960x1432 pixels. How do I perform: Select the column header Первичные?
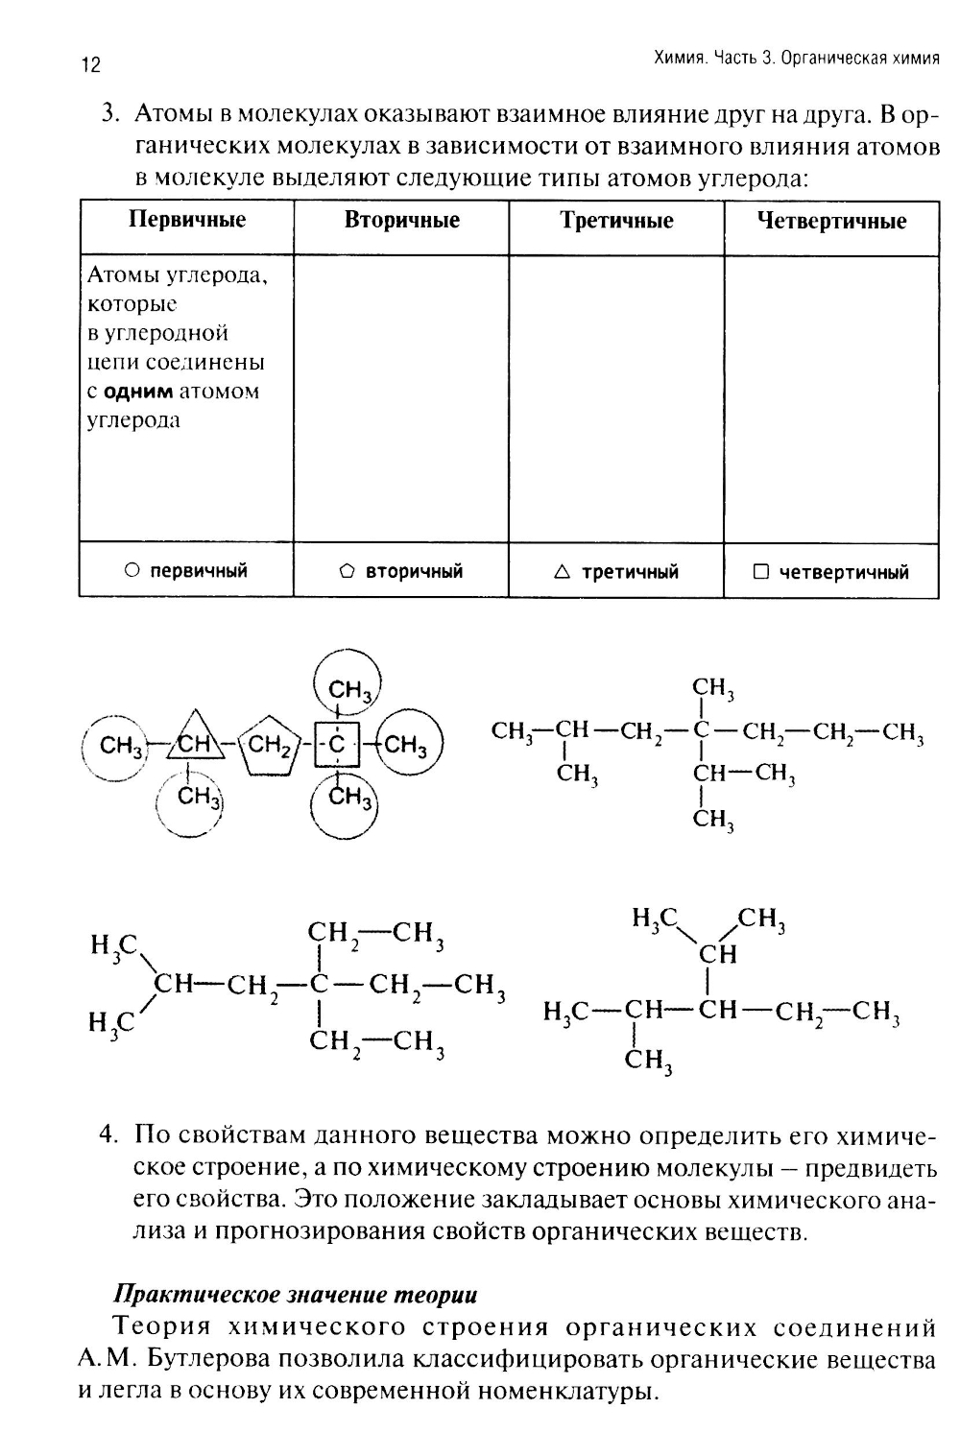click(187, 220)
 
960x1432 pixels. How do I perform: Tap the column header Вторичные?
click(401, 220)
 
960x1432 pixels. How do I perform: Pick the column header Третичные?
click(616, 221)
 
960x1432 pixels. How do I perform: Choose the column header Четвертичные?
click(831, 222)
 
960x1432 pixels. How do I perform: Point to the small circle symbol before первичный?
click(132, 571)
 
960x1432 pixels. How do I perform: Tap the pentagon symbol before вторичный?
click(348, 572)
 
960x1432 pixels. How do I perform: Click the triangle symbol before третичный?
click(563, 572)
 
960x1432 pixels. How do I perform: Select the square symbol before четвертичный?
click(761, 572)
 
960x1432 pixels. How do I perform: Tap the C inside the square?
click(336, 744)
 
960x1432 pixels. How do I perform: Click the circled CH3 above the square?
click(348, 688)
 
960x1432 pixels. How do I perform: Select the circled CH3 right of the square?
click(408, 744)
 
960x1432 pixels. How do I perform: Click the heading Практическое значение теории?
click(296, 1294)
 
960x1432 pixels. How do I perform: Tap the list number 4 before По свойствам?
click(108, 1134)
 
